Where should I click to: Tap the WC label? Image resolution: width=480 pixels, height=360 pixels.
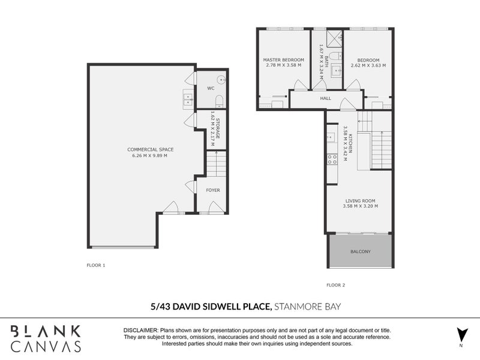point(211,88)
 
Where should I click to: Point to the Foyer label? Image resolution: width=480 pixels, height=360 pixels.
point(213,190)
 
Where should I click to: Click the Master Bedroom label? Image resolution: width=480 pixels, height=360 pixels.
point(284,60)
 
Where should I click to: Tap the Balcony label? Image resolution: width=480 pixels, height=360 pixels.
point(360,251)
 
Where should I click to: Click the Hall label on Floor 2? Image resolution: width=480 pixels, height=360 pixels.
point(326,98)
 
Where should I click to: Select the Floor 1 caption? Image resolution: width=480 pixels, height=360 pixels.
point(96,265)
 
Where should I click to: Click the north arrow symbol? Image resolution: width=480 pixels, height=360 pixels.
point(461,334)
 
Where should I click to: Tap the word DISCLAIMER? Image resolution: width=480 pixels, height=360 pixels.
point(140,331)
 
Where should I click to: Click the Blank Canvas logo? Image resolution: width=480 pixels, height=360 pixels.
point(46,338)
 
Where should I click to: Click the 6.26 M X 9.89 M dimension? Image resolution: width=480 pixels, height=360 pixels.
point(149,156)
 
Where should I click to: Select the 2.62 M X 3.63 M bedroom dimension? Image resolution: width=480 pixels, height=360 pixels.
point(368,65)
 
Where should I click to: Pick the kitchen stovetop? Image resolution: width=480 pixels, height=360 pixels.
point(331,160)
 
